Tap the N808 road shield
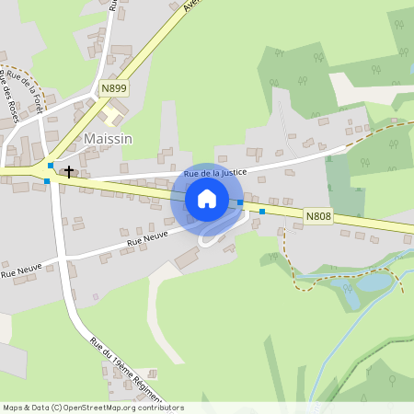(x=318, y=217)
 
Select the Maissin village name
(x=108, y=139)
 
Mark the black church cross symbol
(x=68, y=171)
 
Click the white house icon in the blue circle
(x=206, y=199)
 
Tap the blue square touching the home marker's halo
(x=240, y=202)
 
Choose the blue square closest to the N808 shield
(x=262, y=212)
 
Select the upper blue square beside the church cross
(x=51, y=167)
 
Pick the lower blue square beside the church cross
(x=47, y=181)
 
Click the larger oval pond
(x=372, y=282)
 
